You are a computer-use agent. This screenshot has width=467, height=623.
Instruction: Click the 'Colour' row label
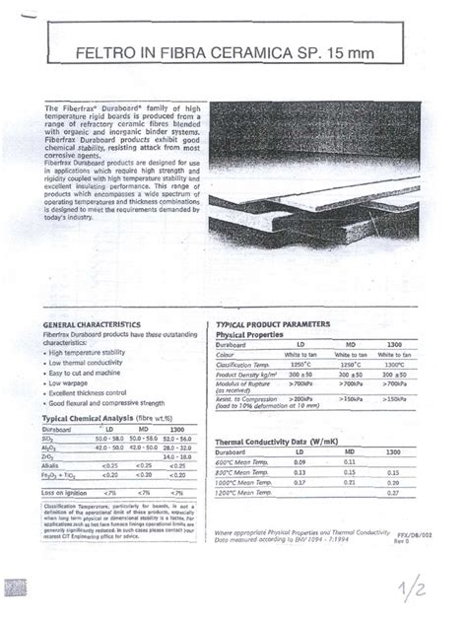[x=227, y=355]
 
